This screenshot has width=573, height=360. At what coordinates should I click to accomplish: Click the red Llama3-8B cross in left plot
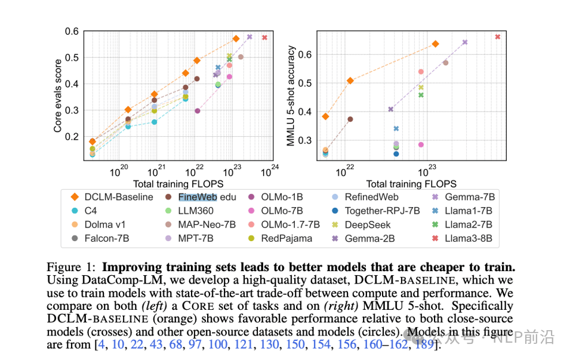(x=264, y=38)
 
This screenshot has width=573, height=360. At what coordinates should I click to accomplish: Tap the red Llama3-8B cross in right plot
(x=497, y=37)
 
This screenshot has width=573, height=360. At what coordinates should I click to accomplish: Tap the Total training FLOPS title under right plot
(x=411, y=184)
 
